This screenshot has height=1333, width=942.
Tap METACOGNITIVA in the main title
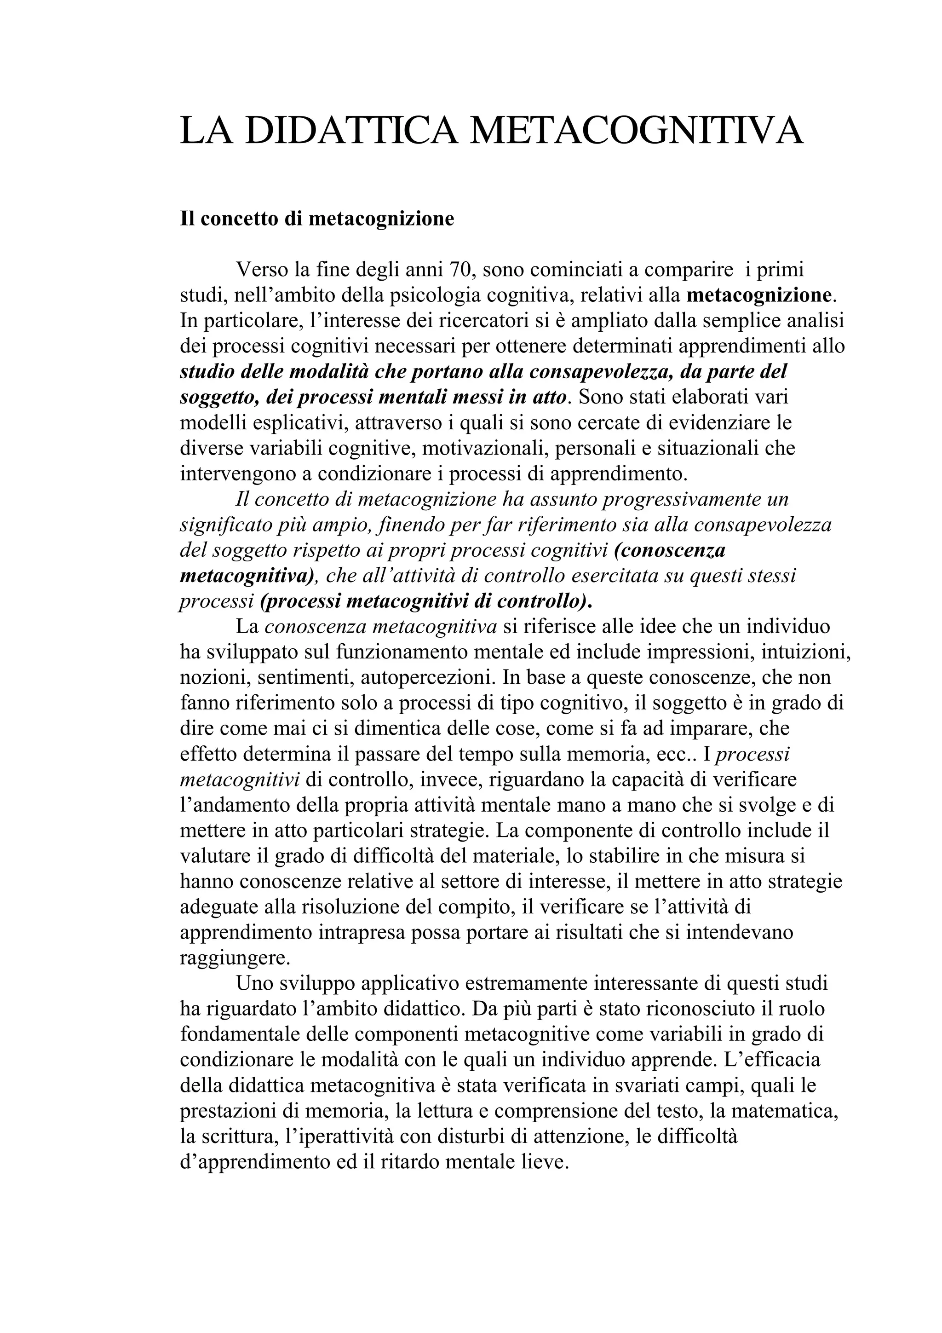click(636, 130)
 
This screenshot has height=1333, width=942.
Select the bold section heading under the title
click(317, 219)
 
